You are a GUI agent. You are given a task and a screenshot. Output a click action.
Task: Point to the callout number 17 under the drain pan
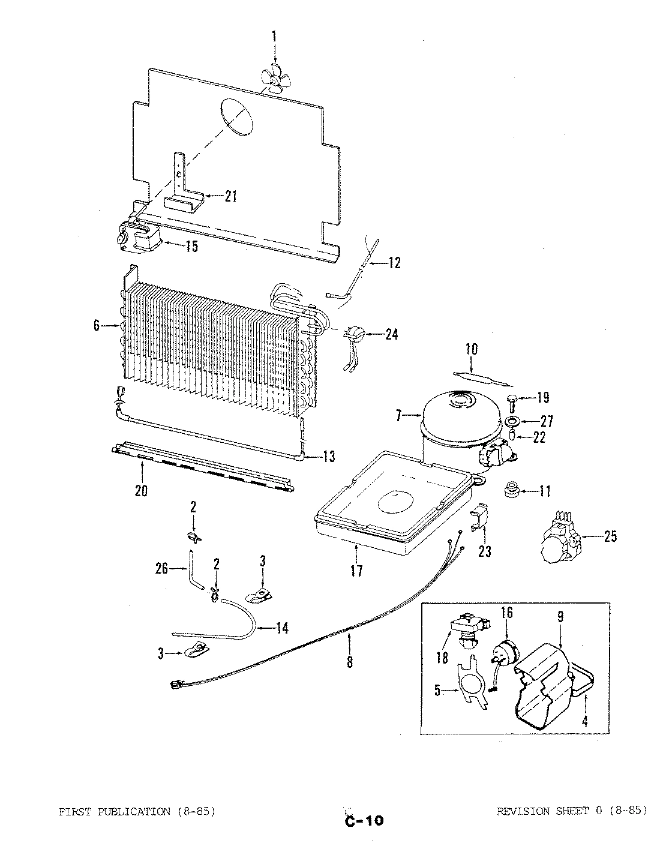point(356,571)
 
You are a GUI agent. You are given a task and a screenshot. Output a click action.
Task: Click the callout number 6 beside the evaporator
point(97,326)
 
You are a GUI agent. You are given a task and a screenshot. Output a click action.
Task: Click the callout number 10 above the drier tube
point(471,348)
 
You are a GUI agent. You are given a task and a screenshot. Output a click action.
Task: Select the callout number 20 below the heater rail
point(140,491)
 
